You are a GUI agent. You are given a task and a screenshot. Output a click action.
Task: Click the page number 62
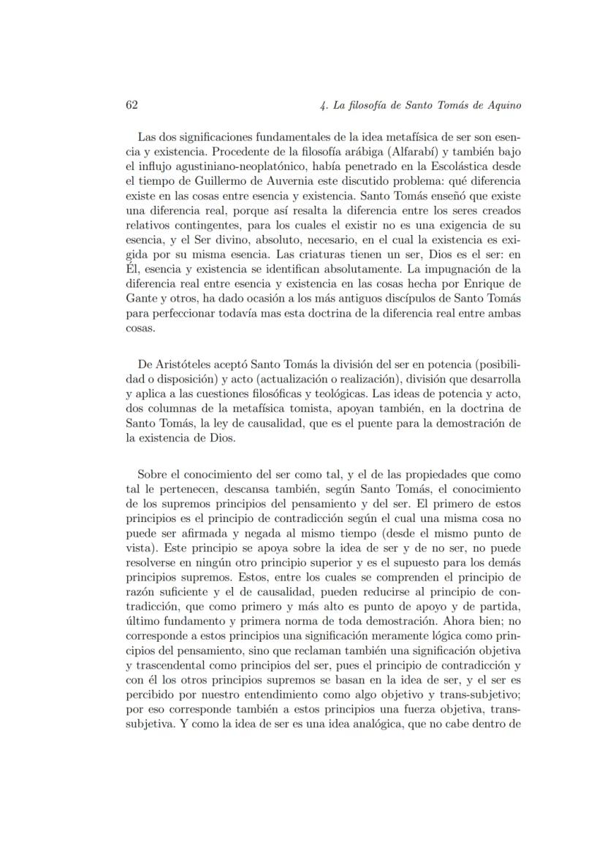pyautogui.click(x=132, y=105)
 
